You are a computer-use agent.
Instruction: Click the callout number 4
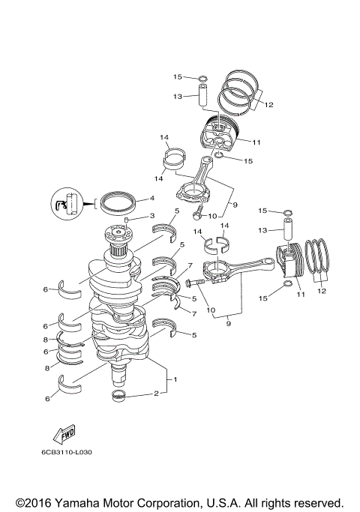coord(151,199)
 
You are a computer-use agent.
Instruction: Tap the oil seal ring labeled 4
coord(118,202)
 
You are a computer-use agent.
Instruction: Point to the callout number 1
coord(175,379)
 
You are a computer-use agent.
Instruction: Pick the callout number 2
coord(156,393)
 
